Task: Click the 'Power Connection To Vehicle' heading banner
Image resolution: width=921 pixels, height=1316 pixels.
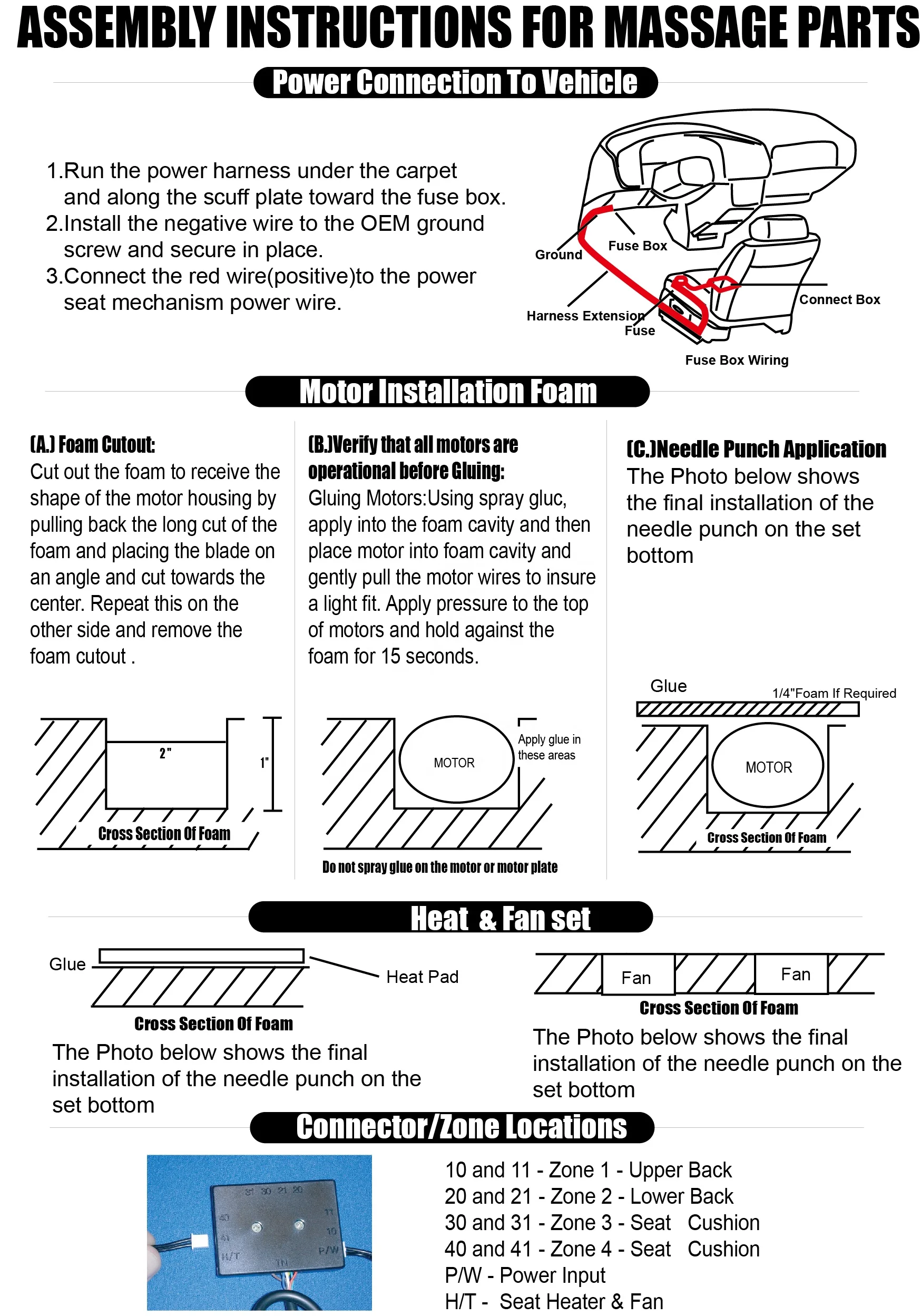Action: tap(455, 82)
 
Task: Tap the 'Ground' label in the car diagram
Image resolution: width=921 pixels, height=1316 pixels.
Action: tap(558, 255)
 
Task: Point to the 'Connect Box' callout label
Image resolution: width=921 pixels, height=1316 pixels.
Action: tap(839, 299)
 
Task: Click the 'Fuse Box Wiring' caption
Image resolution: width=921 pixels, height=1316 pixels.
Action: tap(737, 360)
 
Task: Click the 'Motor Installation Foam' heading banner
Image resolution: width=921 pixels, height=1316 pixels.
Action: tap(448, 392)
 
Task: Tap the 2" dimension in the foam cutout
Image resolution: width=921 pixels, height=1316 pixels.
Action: tap(165, 753)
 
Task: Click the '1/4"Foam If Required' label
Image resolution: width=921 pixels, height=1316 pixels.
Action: tap(834, 693)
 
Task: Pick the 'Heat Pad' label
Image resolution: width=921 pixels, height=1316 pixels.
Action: tap(423, 977)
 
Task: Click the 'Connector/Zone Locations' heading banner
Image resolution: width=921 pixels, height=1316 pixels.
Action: tap(462, 1127)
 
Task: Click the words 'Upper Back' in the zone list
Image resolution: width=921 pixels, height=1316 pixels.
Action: tap(680, 1170)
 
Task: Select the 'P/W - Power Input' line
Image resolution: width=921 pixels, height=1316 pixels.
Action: tap(525, 1275)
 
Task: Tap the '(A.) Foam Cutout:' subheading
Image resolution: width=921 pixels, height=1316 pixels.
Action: tap(92, 445)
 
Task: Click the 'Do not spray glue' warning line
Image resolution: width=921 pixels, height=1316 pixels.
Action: tap(439, 867)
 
